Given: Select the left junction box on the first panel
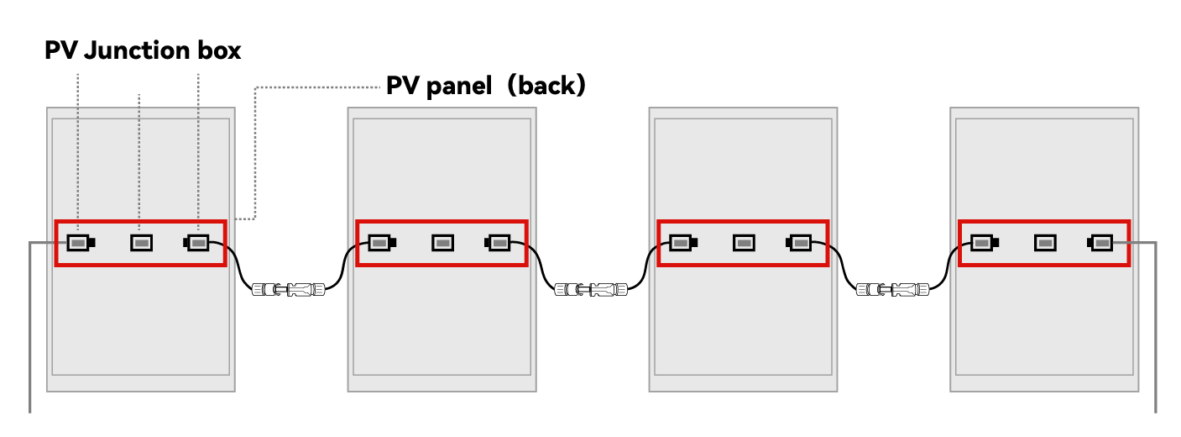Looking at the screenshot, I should click(x=78, y=243).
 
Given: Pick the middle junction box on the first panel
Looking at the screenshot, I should click(x=141, y=243).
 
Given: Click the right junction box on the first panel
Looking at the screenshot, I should click(x=197, y=243).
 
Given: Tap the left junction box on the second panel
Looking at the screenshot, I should click(x=380, y=243).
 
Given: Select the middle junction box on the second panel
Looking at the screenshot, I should click(x=442, y=243).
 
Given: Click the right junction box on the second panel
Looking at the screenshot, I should click(x=499, y=243).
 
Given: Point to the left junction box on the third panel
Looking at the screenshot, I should click(x=682, y=243).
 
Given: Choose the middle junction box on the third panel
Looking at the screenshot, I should click(x=744, y=243).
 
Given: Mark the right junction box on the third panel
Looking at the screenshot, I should click(x=800, y=243).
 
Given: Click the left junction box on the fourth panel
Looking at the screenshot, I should click(x=983, y=243).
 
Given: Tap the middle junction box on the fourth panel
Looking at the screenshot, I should click(x=1045, y=243).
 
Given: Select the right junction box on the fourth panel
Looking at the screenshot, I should click(x=1101, y=243).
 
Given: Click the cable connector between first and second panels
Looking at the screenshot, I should click(x=288, y=290).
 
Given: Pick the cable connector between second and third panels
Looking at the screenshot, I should click(x=590, y=290).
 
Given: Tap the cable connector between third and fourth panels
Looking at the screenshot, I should click(x=891, y=290).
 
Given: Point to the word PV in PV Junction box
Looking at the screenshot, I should click(x=61, y=51).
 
